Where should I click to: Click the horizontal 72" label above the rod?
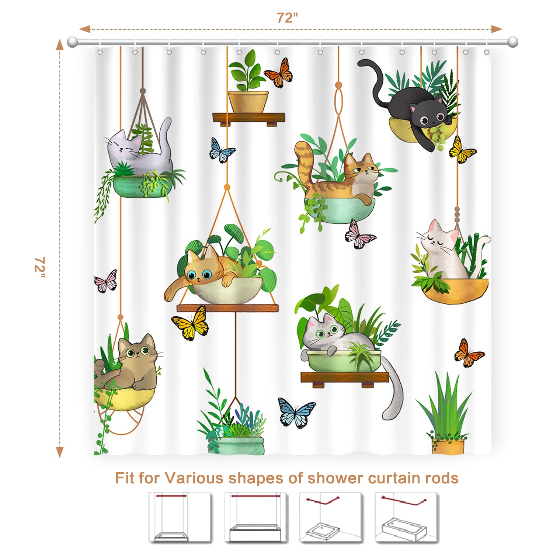[287, 18]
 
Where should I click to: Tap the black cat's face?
[431, 115]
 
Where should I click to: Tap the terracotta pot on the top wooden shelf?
[248, 101]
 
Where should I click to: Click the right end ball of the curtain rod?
[512, 42]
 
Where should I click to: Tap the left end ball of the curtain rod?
[72, 42]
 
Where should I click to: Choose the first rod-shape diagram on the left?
[180, 518]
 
